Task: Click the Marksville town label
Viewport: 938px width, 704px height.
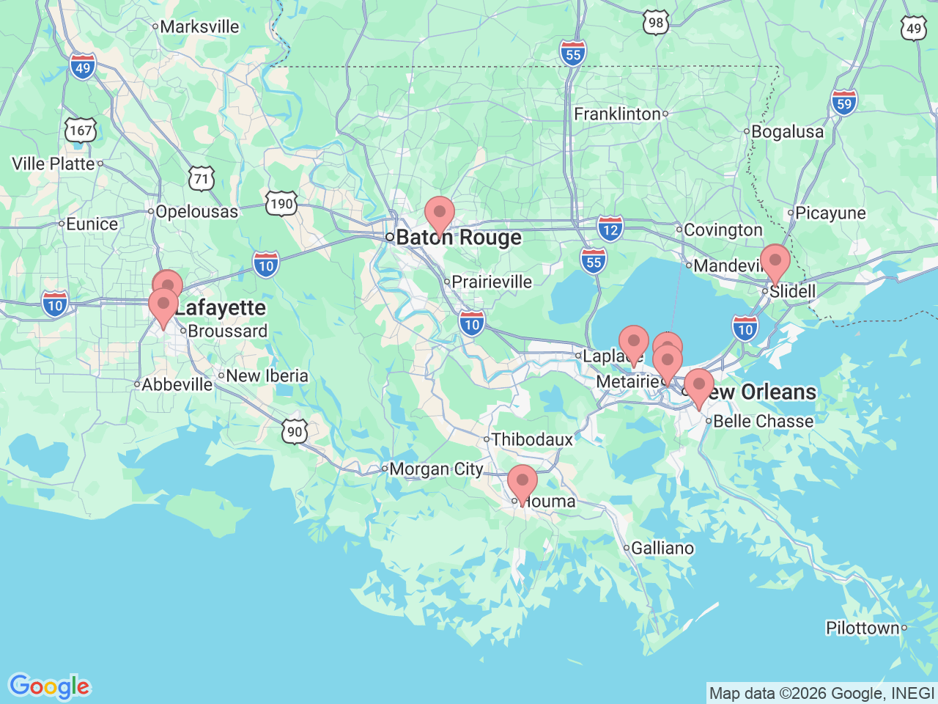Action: click(x=199, y=26)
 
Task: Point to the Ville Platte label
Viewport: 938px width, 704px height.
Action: click(x=53, y=164)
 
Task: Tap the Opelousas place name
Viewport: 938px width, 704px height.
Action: click(x=197, y=212)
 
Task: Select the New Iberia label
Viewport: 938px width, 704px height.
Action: click(x=267, y=375)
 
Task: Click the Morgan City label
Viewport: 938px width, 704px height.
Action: click(x=436, y=469)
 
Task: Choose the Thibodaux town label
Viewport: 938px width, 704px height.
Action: click(x=533, y=439)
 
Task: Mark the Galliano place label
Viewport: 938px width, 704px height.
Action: click(x=662, y=548)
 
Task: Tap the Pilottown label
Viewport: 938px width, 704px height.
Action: click(x=863, y=628)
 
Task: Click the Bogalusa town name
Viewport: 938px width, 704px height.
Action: click(x=788, y=132)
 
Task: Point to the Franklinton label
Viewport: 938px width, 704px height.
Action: click(x=618, y=114)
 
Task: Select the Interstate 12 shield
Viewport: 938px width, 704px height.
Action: click(x=610, y=228)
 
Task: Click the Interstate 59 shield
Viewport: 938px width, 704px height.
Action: click(x=844, y=103)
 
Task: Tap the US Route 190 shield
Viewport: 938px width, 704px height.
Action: click(x=281, y=203)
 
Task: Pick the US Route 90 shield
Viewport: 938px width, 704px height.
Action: click(x=295, y=431)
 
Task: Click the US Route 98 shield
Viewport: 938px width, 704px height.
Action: click(x=656, y=23)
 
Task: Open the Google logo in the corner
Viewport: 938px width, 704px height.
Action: click(x=49, y=687)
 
